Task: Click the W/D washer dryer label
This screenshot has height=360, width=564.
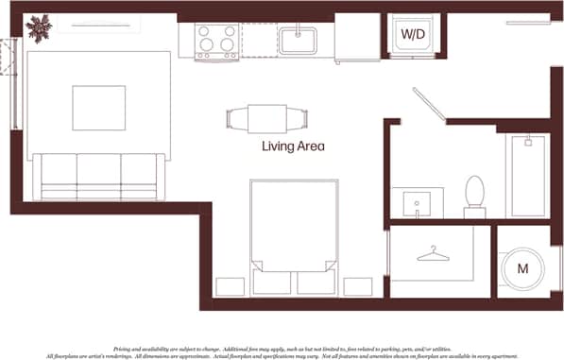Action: tap(413, 34)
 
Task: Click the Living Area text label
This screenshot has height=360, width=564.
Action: tap(293, 146)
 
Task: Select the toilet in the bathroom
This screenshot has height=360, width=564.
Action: tap(473, 196)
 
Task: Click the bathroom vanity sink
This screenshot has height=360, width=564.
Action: tap(416, 203)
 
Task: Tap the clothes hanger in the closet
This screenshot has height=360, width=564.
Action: tap(432, 254)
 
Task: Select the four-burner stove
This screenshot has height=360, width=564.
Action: tap(216, 41)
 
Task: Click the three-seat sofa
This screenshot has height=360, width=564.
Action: tap(98, 177)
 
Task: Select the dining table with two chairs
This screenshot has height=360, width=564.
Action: tap(268, 119)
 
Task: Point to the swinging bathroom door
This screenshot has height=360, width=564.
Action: tap(430, 104)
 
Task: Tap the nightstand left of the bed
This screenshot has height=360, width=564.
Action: tap(230, 286)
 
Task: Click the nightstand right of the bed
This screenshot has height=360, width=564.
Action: tap(358, 286)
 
